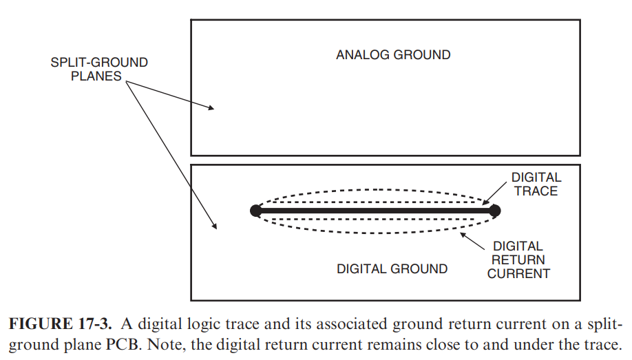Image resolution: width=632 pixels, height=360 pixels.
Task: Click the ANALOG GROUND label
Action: [x=393, y=54]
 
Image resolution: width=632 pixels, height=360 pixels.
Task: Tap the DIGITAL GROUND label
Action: [x=392, y=268]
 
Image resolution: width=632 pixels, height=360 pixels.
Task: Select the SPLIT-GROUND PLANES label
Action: [x=99, y=70]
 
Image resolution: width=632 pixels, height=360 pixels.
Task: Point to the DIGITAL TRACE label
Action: [x=536, y=184]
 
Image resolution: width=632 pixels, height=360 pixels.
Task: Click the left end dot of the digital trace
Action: [x=255, y=211]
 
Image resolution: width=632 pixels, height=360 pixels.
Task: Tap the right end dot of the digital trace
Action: [x=494, y=211]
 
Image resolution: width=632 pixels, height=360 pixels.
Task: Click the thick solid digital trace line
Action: [x=375, y=211]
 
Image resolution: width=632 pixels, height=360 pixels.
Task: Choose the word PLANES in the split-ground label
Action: [x=99, y=76]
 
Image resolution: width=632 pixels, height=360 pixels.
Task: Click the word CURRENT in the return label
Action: [x=523, y=273]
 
